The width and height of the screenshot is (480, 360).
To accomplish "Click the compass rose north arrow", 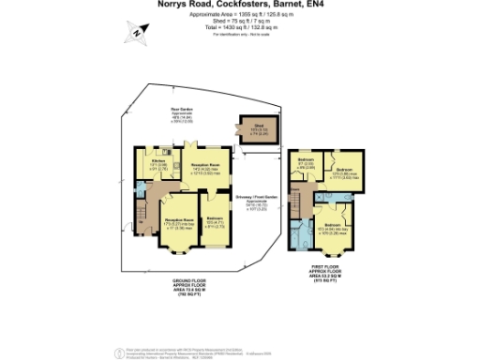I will click(x=137, y=34).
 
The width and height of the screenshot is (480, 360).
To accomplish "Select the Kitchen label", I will click(x=159, y=161).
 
